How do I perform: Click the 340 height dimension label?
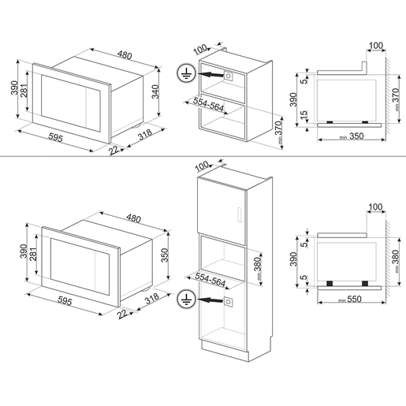155,91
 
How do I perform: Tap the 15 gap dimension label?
304,115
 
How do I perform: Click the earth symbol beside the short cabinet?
186,73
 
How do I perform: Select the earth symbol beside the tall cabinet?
186,300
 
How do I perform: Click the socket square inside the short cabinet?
228,76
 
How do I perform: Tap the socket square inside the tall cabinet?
228,301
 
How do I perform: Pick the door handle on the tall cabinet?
240,214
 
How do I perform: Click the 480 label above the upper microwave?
125,55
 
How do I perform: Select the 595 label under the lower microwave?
65,301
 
